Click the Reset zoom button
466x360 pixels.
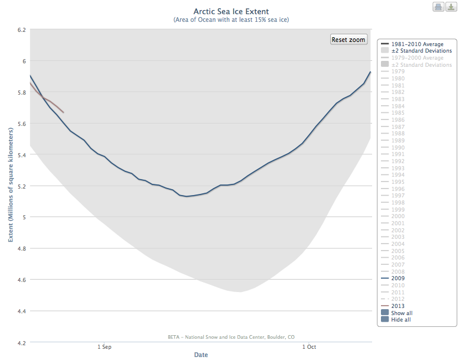(x=348, y=40)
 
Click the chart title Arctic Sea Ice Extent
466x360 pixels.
(x=231, y=11)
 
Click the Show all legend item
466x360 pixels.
(x=401, y=313)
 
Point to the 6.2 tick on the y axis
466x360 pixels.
(x=20, y=30)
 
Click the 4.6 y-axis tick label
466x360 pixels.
(x=20, y=280)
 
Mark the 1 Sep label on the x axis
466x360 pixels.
(x=105, y=347)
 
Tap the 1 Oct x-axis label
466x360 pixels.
(x=308, y=347)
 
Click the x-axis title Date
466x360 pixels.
(x=201, y=355)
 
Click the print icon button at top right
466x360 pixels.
(x=439, y=7)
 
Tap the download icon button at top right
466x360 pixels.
(x=451, y=7)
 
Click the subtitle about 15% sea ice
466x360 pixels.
(x=231, y=20)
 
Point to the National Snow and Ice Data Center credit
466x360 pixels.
(x=231, y=337)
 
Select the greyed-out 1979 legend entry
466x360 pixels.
(x=398, y=72)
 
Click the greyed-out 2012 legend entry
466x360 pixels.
(x=398, y=299)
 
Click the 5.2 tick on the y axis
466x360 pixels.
(x=20, y=186)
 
